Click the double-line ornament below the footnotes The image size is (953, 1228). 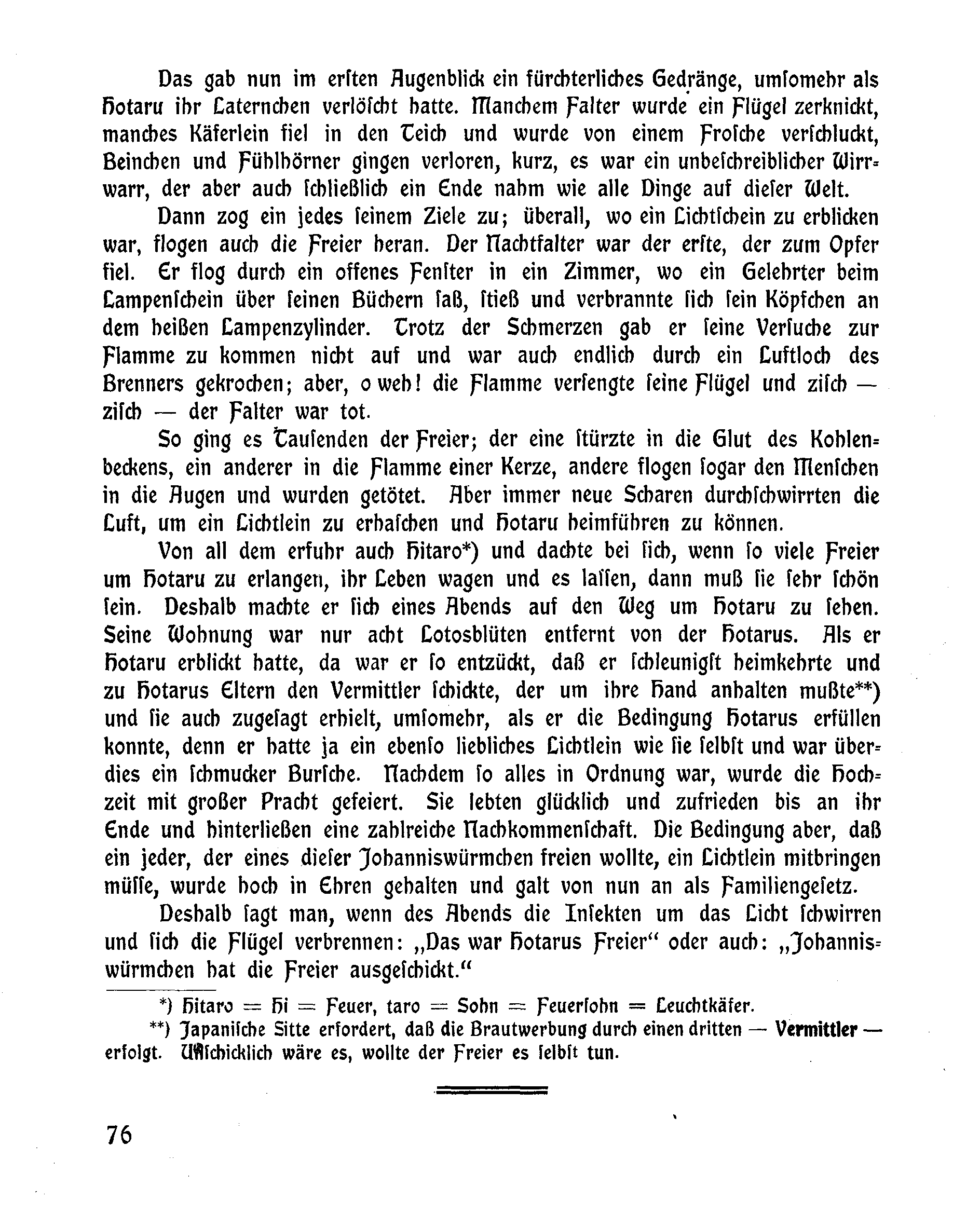(x=492, y=1090)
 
